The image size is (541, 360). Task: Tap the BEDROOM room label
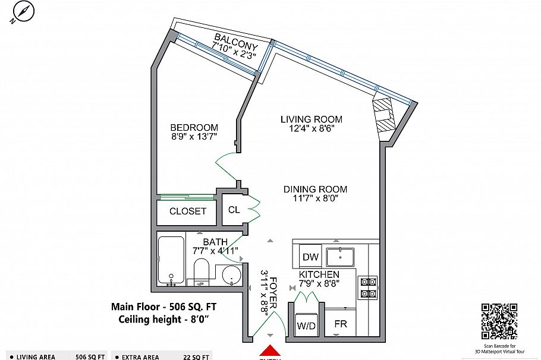pos(194,128)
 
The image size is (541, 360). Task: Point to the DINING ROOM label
pos(314,190)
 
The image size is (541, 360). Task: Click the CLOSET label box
pos(187,211)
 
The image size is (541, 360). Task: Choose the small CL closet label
pos(234,210)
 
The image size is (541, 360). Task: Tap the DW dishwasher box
pos(310,257)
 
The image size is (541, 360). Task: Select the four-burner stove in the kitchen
pos(367,287)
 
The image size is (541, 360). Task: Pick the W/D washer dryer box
pos(306,326)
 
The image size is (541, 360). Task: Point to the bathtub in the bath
pos(171,260)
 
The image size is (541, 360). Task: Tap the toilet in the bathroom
pos(201,272)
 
